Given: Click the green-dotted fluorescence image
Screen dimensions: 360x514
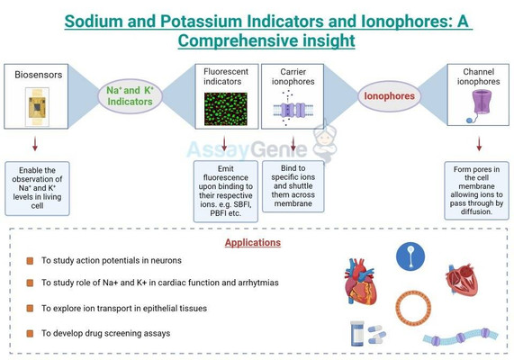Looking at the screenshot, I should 225,108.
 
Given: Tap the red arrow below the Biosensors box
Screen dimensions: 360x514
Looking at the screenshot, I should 36,143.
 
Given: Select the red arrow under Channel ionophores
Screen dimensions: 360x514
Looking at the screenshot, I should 478,143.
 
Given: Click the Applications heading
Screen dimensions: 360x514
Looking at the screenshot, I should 253,242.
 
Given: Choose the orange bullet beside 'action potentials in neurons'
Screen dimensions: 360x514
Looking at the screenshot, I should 29,261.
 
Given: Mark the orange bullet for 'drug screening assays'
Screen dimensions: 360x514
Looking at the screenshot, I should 29,333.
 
